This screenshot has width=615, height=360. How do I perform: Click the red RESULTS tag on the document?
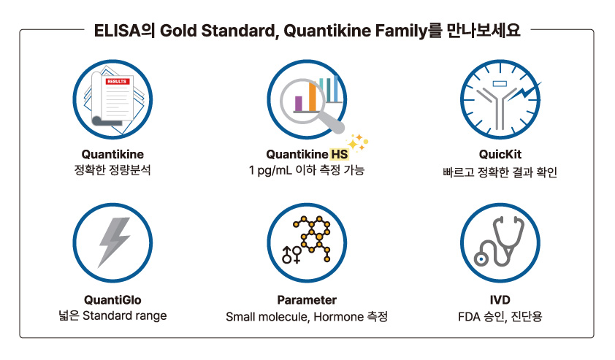[116, 82]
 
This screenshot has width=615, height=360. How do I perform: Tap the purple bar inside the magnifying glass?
[299, 104]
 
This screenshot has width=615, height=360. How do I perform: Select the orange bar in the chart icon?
[313, 97]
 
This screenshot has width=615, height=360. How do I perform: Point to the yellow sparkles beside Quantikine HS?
[357, 142]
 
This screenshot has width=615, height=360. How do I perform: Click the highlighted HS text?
[339, 155]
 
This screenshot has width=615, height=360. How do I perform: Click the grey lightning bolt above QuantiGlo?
[114, 242]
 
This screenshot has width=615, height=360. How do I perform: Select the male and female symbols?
[291, 255]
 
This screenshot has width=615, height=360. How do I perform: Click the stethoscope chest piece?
[481, 258]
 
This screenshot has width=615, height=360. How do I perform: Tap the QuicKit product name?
[500, 155]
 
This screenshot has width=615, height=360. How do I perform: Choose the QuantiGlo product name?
[112, 300]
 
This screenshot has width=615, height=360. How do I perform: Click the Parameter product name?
[307, 300]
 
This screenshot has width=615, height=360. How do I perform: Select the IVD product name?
[500, 300]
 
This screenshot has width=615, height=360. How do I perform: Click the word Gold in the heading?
[178, 31]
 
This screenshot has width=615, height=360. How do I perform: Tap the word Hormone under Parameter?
[338, 316]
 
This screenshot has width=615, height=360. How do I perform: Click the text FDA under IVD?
[469, 316]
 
